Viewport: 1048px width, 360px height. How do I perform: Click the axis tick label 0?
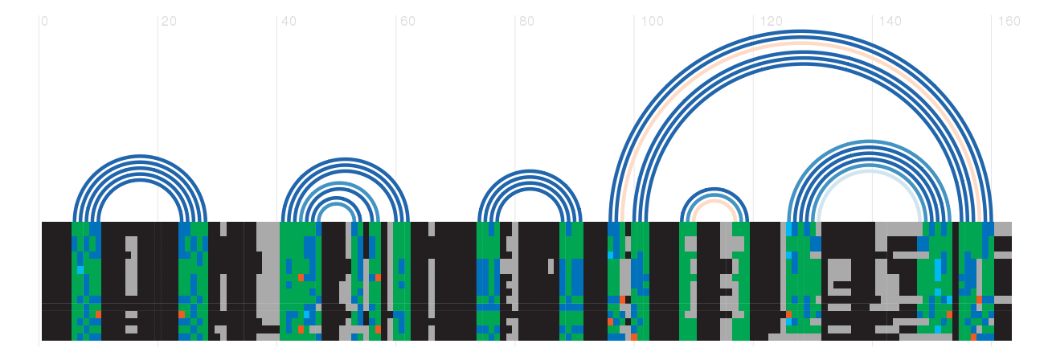(44, 22)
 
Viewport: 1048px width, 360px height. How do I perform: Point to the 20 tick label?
(168, 22)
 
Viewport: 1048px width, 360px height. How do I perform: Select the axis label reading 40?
(288, 22)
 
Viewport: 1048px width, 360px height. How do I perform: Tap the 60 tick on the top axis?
(407, 22)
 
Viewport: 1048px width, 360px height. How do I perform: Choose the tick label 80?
(526, 22)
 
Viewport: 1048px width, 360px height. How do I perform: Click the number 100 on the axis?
(653, 22)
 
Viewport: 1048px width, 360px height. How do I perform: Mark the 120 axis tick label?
(772, 22)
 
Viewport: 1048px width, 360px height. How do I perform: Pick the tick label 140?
(890, 22)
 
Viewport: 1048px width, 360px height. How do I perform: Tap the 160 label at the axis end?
(1009, 22)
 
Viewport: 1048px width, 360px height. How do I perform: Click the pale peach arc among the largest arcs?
(802, 45)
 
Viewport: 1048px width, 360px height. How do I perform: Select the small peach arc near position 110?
(714, 202)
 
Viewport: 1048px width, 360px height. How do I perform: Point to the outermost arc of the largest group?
(802, 32)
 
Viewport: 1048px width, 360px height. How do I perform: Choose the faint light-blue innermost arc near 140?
(870, 172)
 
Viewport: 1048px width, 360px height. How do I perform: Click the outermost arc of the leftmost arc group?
(141, 157)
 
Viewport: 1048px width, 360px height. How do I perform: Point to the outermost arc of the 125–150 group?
(870, 142)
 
